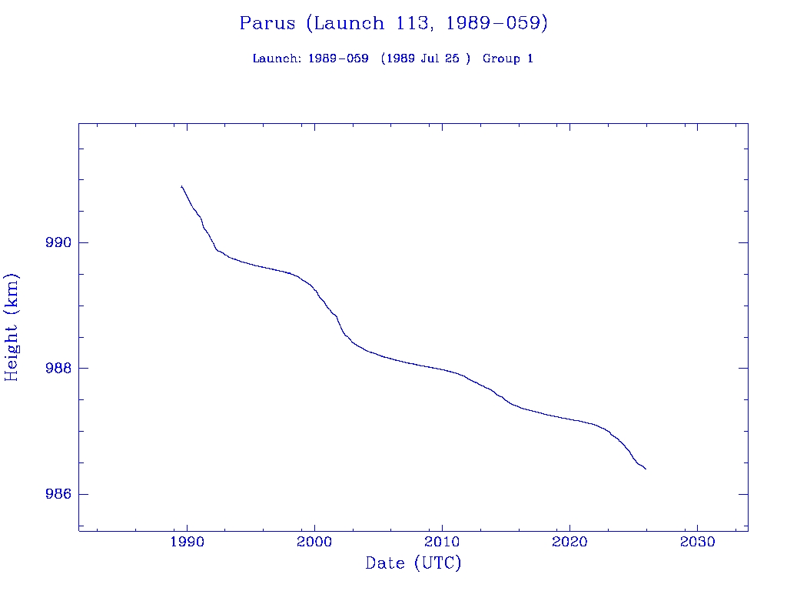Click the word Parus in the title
tap(267, 24)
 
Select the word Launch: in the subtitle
tap(277, 59)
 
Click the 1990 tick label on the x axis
tap(187, 542)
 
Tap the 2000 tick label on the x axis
tap(314, 542)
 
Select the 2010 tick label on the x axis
tap(442, 542)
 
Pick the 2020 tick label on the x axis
tap(569, 542)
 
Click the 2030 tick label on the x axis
tap(697, 542)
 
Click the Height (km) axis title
tap(12, 327)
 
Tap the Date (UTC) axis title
tap(413, 564)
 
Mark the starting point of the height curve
tap(181, 186)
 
